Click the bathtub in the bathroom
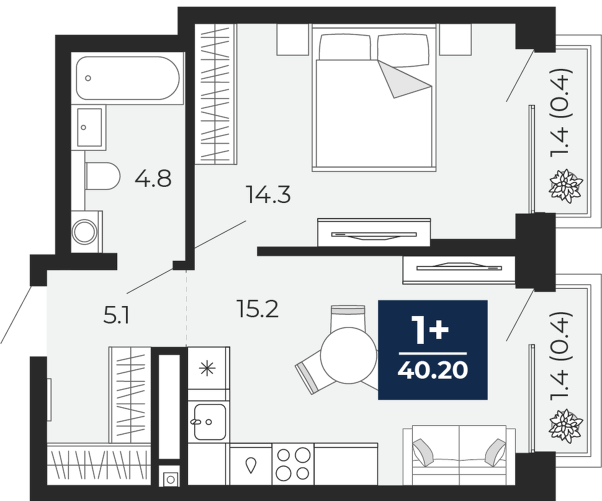127,78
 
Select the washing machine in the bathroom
87,231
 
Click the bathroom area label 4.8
153,179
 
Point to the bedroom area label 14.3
268,195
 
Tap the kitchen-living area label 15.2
258,309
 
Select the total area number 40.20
433,371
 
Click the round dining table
349,355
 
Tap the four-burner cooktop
294,464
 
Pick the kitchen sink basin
209,422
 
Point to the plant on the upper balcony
566,186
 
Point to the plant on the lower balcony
566,426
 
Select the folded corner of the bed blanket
403,79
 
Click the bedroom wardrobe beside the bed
215,94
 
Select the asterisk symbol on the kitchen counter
207,368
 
